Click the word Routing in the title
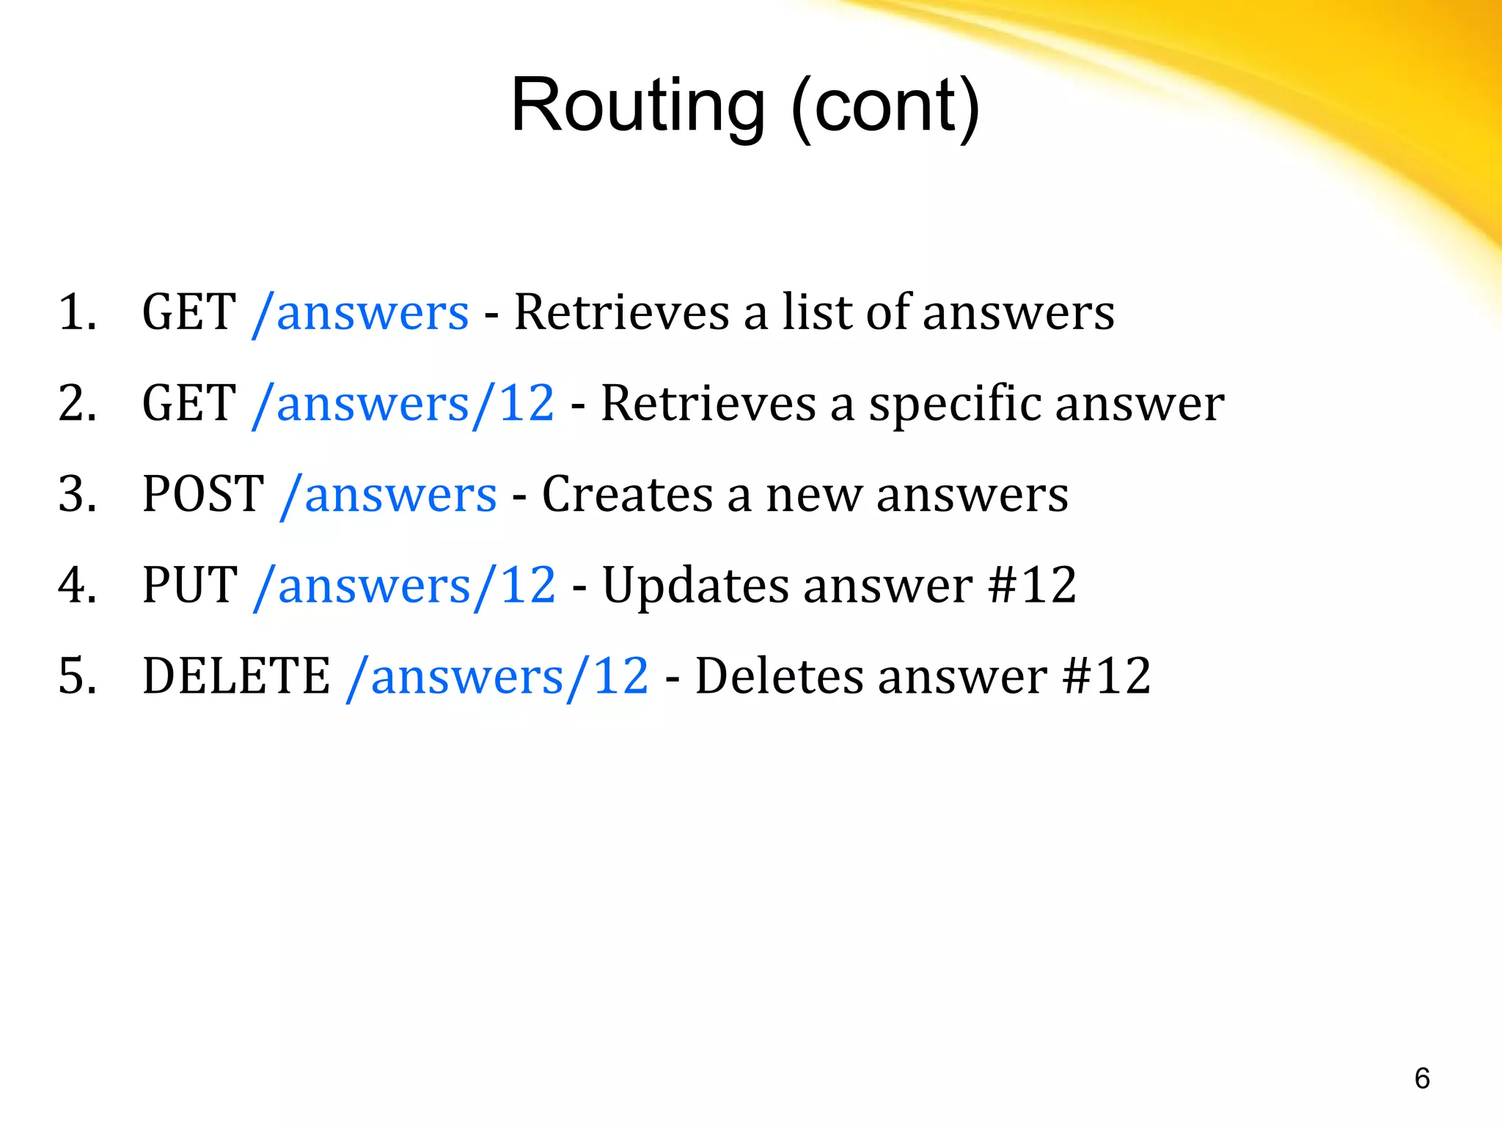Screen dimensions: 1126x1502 (637, 106)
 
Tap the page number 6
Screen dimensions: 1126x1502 (1421, 1078)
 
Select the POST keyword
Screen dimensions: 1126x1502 (203, 494)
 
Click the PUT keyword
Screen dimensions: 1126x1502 (190, 585)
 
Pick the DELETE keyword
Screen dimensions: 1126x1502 (236, 676)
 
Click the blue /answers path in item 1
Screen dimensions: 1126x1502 (360, 313)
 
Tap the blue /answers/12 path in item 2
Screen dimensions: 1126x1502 (403, 404)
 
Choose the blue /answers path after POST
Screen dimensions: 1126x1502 (389, 495)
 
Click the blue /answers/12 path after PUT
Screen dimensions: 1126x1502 (404, 586)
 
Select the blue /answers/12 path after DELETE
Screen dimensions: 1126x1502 (497, 677)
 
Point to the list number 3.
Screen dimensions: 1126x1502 (77, 494)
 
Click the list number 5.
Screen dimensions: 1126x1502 (77, 676)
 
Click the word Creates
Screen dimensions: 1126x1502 (627, 494)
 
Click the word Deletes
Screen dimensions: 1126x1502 (779, 676)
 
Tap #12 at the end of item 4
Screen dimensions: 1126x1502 (1032, 585)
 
